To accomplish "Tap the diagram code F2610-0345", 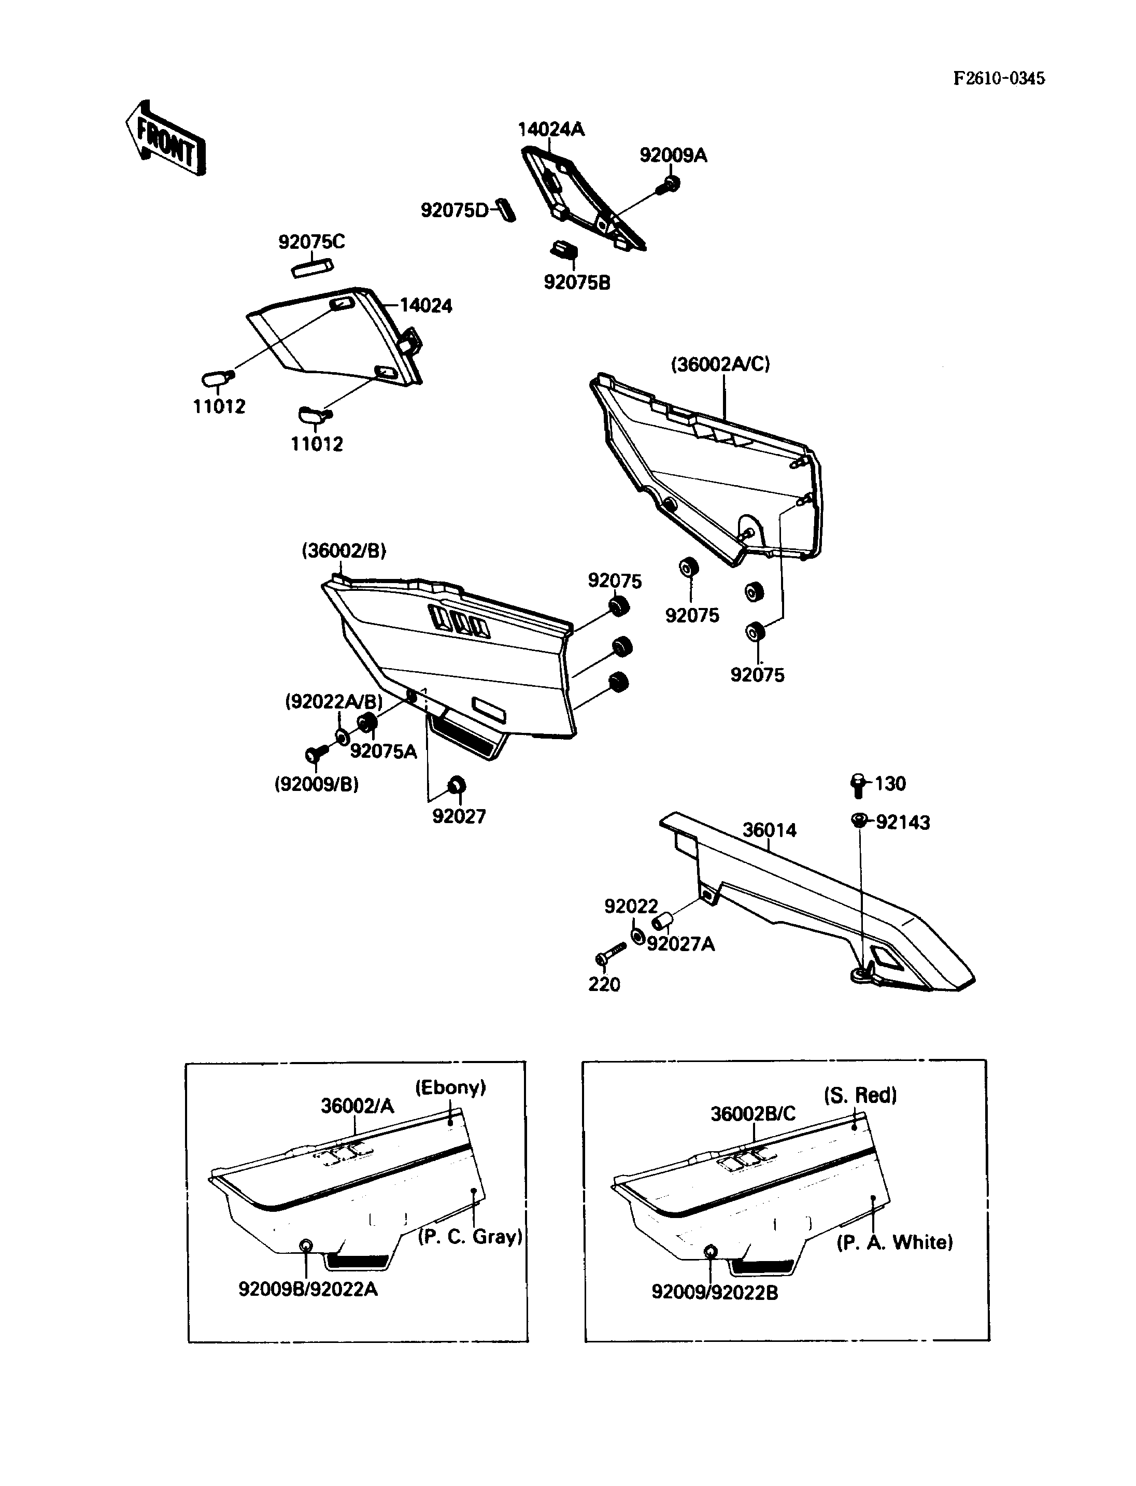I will pos(999,78).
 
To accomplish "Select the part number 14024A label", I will pos(550,129).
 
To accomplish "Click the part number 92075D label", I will pos(453,210).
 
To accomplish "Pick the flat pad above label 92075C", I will pos(311,266).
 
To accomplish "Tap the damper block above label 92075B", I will pos(564,250).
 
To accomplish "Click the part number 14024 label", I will pos(426,306).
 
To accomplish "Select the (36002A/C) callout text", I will pos(720,364).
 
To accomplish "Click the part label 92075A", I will pos(384,752).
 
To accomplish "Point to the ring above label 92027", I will pos(457,786).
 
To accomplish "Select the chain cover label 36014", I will pos(770,830).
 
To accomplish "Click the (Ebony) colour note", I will pos(450,1087).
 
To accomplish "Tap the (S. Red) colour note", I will pos(860,1095).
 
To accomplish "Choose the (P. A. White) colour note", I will pos(894,1242).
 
